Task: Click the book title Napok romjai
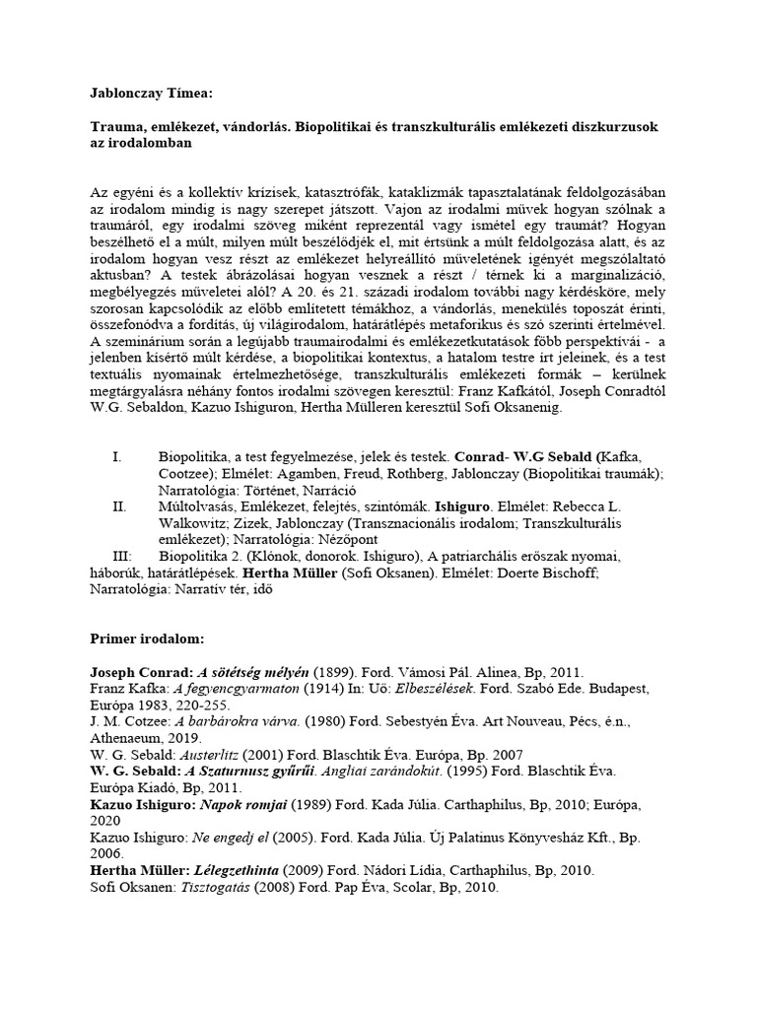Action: click(243, 806)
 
